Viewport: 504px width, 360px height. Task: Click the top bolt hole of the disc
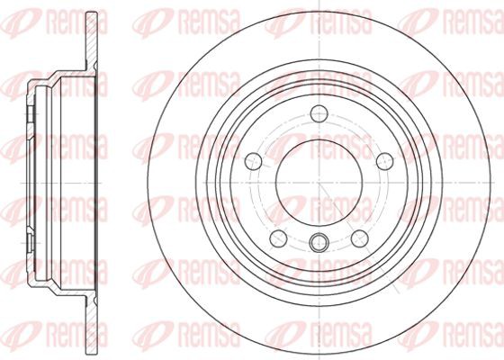[x=319, y=113]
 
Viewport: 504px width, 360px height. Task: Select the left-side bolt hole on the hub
[x=253, y=161]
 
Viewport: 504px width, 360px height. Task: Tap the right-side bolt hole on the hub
[x=385, y=161]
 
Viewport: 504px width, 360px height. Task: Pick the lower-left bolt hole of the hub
[x=278, y=238]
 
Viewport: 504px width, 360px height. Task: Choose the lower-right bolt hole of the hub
[x=360, y=238]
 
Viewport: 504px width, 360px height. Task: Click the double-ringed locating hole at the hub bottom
[x=319, y=242]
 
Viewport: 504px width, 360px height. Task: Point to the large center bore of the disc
[x=319, y=183]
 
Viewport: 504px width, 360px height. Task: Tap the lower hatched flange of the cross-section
[x=92, y=325]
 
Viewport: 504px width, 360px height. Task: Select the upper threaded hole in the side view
[x=30, y=114]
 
